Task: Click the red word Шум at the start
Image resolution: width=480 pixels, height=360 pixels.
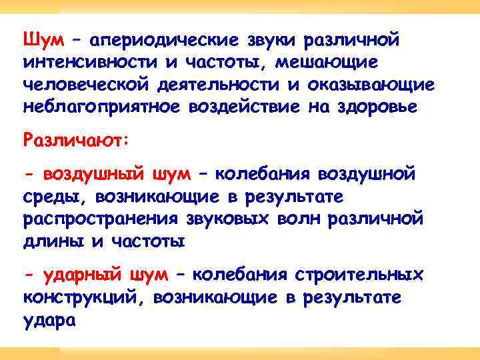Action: coord(43,39)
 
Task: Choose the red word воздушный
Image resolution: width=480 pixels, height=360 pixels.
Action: coord(94,175)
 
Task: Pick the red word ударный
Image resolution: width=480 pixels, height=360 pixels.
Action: coord(81,275)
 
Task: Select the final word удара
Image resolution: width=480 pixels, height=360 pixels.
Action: coord(49,321)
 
